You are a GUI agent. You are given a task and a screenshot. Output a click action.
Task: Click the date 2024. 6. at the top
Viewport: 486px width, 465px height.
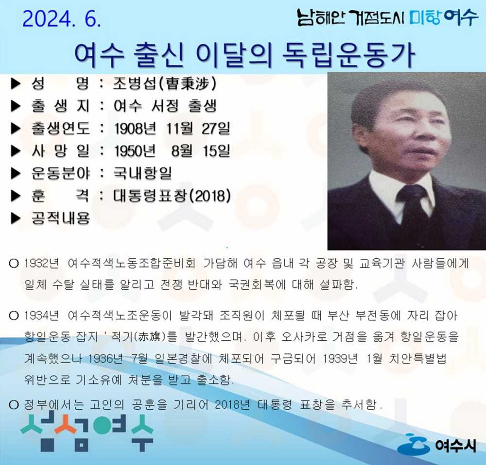click(x=62, y=19)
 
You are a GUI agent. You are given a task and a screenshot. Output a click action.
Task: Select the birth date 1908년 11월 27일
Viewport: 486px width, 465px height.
click(x=172, y=129)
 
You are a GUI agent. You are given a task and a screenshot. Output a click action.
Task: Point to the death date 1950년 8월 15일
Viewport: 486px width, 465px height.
click(x=172, y=151)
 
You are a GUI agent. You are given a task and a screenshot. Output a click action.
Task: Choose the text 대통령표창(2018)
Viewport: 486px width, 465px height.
click(x=172, y=196)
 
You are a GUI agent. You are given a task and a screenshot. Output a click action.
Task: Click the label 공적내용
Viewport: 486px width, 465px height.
click(x=60, y=218)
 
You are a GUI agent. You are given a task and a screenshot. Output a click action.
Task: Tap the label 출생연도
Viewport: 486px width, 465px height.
click(x=60, y=129)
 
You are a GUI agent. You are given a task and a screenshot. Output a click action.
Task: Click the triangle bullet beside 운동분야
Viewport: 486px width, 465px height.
click(x=16, y=173)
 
